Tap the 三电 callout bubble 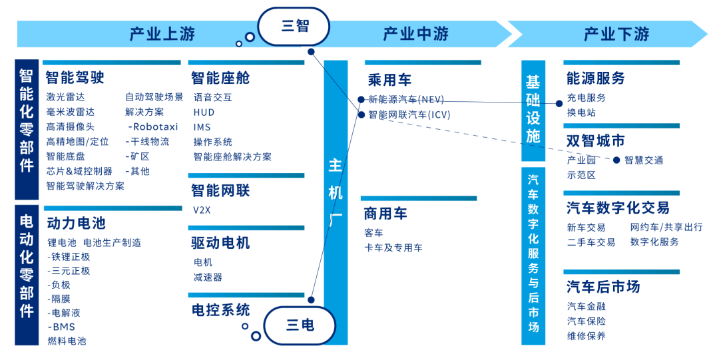coord(300,325)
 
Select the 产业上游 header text coord(162,34)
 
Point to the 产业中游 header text coord(415,34)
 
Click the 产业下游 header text coord(616,34)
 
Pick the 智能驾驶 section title coord(75,78)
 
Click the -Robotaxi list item coord(153,126)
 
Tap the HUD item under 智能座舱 coord(204,112)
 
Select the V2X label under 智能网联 coord(202,210)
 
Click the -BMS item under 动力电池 coord(61,327)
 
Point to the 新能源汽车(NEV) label coord(405,100)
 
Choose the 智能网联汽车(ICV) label coord(409,114)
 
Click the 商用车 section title coord(385,214)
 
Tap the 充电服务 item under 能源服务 coord(586,98)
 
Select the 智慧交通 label coord(643,160)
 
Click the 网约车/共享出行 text coord(666,227)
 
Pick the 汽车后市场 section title coord(603,287)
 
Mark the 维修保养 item coord(586,336)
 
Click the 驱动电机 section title coord(220,243)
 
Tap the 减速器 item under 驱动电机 coord(208,277)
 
